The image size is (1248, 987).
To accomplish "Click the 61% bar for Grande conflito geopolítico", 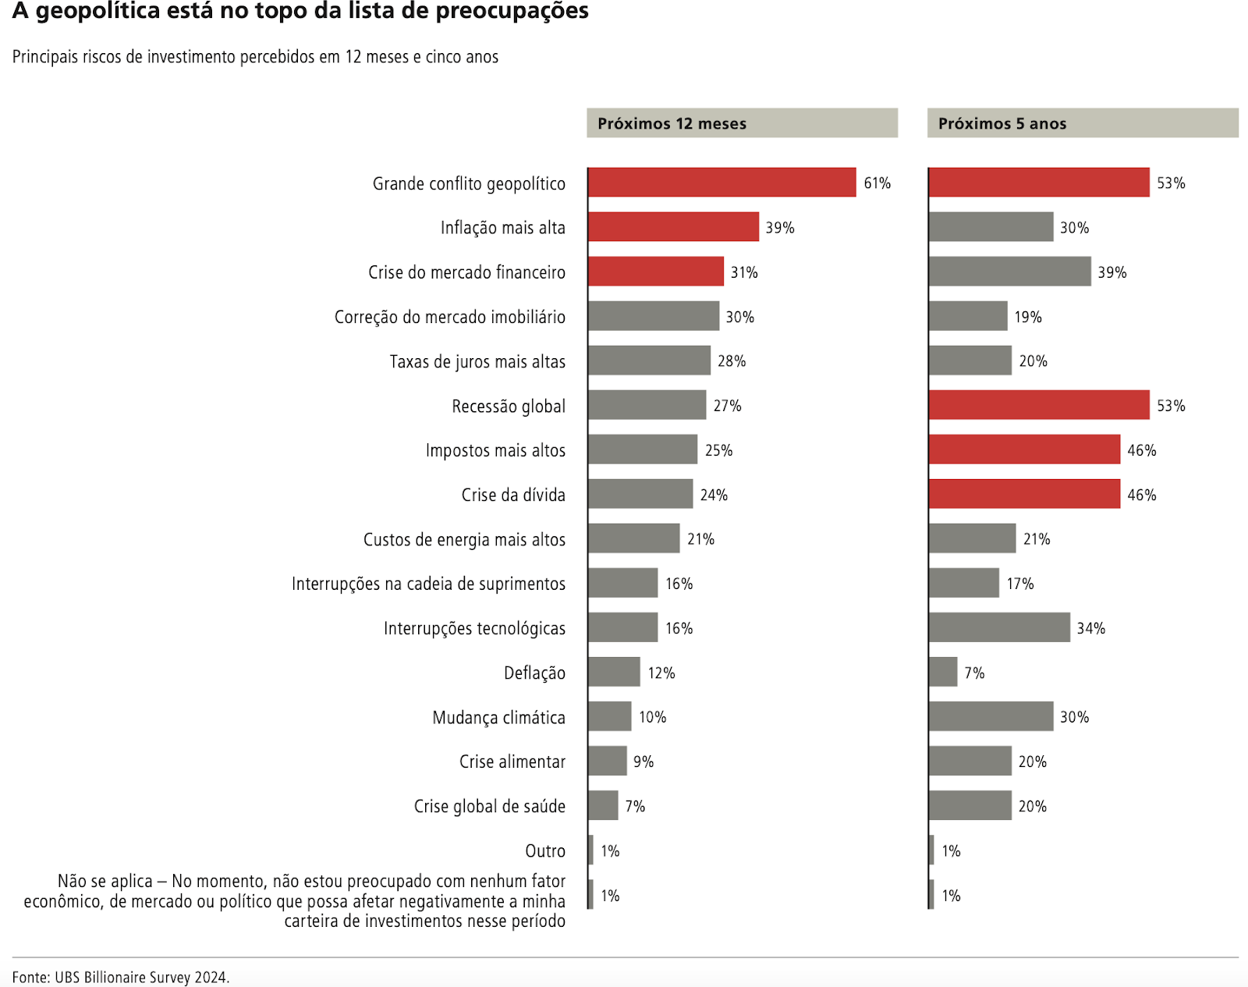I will pyautogui.click(x=721, y=183).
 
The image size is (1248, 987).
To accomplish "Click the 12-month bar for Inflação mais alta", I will pyautogui.click(x=673, y=227).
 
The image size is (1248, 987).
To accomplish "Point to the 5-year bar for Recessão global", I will pyautogui.click(x=1038, y=406).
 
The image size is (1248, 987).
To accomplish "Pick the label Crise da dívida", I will pyautogui.click(x=512, y=495).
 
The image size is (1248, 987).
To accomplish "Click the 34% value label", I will pyautogui.click(x=1090, y=628).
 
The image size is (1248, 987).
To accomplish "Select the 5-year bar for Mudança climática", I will pyautogui.click(x=991, y=717).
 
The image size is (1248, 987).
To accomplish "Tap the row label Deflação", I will pyautogui.click(x=534, y=673).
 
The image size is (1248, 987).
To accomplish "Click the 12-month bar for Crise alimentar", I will pyautogui.click(x=608, y=762).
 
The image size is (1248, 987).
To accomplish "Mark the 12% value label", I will pyautogui.click(x=661, y=673).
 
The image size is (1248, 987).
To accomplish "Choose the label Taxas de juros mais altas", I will pyautogui.click(x=477, y=361).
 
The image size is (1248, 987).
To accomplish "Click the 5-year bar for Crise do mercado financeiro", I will pyautogui.click(x=1009, y=272).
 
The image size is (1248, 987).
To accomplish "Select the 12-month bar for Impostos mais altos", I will pyautogui.click(x=643, y=450).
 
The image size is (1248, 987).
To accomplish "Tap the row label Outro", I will pyautogui.click(x=544, y=850).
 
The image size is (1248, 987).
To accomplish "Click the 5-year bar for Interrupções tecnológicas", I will pyautogui.click(x=998, y=628).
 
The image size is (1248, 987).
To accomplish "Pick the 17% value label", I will pyautogui.click(x=1019, y=584).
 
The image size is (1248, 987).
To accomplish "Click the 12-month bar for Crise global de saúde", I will pyautogui.click(x=603, y=806).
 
